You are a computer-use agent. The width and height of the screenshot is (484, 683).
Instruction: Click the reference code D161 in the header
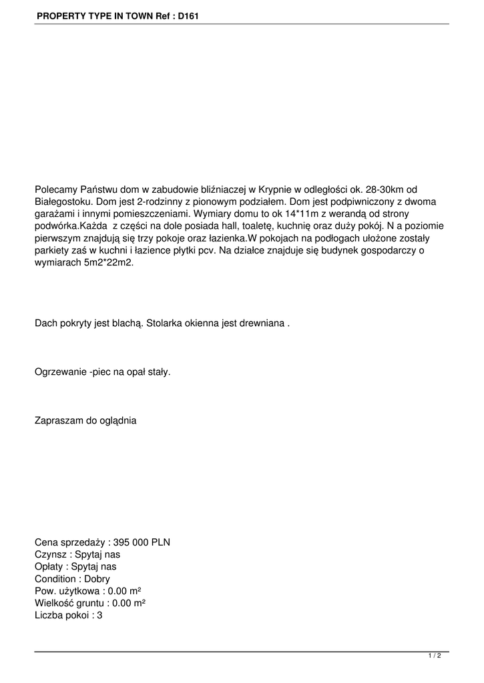(x=188, y=15)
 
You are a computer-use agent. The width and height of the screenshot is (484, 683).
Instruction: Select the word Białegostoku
(x=62, y=201)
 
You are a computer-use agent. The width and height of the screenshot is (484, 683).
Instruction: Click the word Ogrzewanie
(x=60, y=372)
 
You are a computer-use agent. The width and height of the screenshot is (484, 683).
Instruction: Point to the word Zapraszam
(x=59, y=420)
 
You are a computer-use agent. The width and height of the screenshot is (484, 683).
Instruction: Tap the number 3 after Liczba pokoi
(x=99, y=615)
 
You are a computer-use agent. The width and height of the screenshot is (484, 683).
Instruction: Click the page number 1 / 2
(x=435, y=656)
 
